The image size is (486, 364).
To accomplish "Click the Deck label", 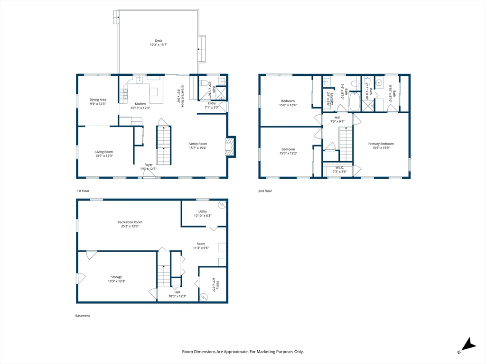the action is pos(159,41).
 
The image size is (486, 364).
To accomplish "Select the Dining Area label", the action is pos(98,100).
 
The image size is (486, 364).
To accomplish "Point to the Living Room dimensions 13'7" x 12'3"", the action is pos(104,156).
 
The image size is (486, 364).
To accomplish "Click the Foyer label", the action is pos(149,165).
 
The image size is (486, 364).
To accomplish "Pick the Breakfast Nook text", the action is pos(183,96).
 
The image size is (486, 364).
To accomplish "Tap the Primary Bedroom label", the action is pos(381,144).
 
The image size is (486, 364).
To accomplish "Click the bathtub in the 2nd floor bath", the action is pos(355,101).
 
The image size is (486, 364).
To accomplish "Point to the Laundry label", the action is pos(331,99).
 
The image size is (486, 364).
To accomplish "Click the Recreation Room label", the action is pos(130,222).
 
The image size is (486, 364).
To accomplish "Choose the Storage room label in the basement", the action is pos(117,277).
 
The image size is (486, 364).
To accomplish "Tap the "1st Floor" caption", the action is pos(83,191).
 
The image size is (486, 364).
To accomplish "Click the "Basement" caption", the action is pos(83,316).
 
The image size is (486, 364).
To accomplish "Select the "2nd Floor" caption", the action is pos(265,191).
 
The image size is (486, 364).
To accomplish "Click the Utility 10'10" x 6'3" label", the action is pos(203,214).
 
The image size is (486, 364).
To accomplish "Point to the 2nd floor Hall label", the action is pos(337,118).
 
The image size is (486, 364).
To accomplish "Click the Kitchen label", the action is pos(140,104).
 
